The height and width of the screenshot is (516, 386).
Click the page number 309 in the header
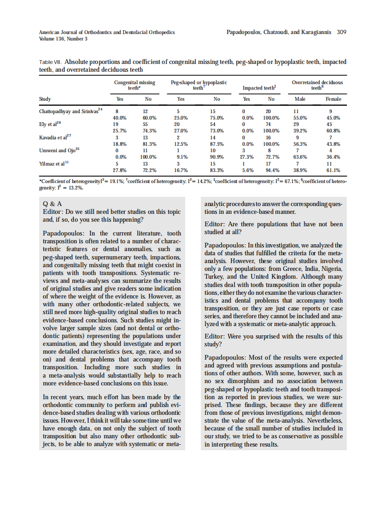341,32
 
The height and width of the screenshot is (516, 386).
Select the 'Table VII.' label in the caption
51,62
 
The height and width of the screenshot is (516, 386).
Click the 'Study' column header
45,99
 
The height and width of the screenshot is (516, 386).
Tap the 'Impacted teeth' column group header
259,87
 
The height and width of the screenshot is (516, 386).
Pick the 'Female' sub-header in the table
333,99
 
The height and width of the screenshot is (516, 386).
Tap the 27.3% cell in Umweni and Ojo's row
246,156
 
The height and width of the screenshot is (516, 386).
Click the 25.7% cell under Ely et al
120,131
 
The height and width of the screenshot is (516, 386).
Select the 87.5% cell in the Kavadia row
217,143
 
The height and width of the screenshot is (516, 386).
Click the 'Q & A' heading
53,203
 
